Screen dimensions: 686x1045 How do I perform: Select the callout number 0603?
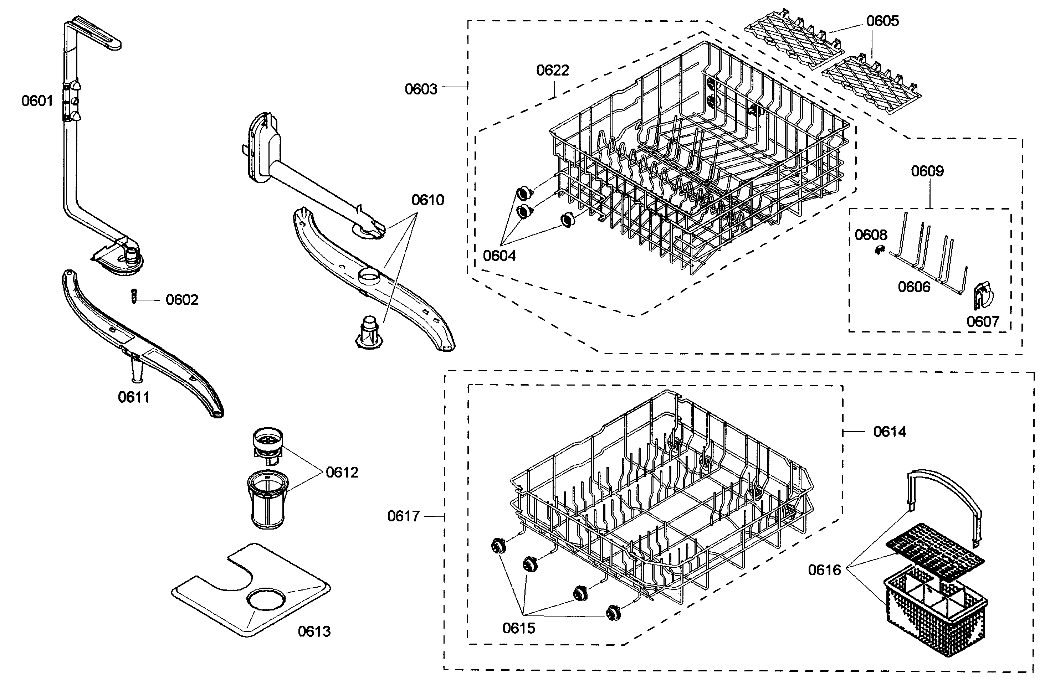(421, 89)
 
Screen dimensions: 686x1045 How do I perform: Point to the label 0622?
(552, 70)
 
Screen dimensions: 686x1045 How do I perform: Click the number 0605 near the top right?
(882, 21)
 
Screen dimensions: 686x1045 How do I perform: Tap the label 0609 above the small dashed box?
(927, 171)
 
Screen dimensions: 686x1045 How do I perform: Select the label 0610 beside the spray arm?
(427, 200)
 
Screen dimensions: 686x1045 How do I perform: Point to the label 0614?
(889, 432)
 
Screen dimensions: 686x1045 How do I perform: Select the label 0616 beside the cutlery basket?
(824, 570)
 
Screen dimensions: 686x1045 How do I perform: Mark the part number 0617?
(403, 516)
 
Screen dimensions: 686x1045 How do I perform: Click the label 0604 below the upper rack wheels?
(499, 256)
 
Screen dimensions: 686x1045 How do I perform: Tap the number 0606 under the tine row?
(914, 287)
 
